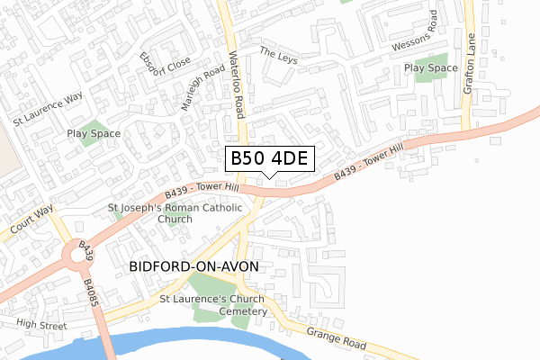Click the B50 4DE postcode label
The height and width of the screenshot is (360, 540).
(x=269, y=158)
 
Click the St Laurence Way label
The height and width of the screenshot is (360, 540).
(x=47, y=106)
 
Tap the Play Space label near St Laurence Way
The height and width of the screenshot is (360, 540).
(x=94, y=133)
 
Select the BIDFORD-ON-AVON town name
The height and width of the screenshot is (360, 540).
(x=193, y=266)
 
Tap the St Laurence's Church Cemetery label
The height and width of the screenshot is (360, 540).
(x=213, y=304)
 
